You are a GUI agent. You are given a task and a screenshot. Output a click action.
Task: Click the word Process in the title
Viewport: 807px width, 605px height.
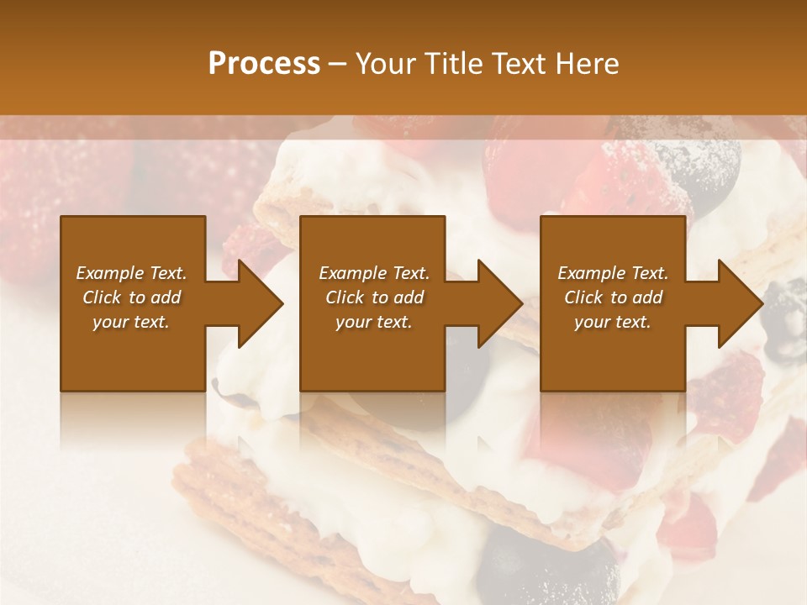[x=264, y=64]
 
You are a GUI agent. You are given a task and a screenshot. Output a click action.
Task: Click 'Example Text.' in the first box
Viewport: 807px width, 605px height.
[x=132, y=273]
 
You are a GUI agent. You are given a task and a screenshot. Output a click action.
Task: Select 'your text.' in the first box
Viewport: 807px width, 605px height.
[x=131, y=322]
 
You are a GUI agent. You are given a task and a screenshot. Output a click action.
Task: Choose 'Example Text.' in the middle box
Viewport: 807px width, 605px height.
[x=374, y=273]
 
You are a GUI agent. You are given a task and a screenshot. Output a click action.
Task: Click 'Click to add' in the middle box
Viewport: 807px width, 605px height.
[x=374, y=297]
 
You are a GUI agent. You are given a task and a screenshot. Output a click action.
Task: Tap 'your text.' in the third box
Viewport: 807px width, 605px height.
[x=613, y=322]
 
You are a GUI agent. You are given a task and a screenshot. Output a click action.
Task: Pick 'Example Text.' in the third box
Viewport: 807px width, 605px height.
[x=613, y=273]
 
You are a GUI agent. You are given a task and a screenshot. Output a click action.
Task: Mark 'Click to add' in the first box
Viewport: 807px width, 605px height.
[x=132, y=297]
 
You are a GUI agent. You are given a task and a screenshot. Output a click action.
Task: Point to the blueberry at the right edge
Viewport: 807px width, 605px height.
[x=786, y=308]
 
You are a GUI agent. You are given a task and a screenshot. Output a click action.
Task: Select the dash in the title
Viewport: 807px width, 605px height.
[x=337, y=65]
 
